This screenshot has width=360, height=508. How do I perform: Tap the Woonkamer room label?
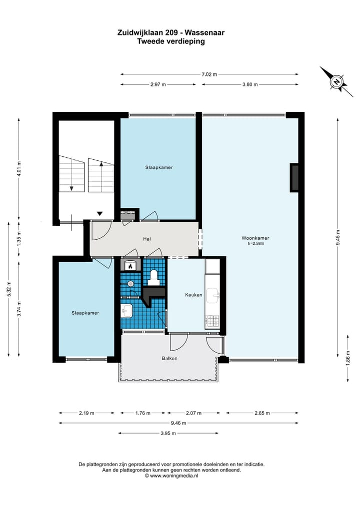[x=255, y=238]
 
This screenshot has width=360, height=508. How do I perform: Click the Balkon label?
[x=169, y=358]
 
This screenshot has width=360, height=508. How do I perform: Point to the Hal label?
[x=147, y=239]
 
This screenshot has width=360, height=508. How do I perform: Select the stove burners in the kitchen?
[x=213, y=321]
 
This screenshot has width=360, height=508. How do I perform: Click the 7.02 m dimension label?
[x=209, y=74]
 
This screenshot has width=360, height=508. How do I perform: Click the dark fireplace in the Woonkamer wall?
[x=295, y=178]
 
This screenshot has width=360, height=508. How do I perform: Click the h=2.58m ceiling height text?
[x=255, y=244]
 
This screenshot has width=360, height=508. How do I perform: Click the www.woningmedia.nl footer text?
[x=174, y=476]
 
